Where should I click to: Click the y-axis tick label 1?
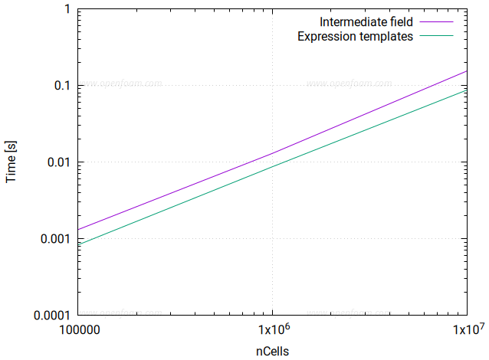[67, 9]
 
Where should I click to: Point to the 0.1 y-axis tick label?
[63, 86]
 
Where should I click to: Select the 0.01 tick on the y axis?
[60, 162]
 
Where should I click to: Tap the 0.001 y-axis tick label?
[56, 239]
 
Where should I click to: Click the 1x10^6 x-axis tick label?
[273, 330]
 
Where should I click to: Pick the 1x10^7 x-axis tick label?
[466, 330]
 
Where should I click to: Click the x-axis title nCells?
[273, 350]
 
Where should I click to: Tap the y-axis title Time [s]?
[11, 162]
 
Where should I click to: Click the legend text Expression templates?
[355, 36]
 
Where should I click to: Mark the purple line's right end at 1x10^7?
[467, 71]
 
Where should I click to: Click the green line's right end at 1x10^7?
[467, 91]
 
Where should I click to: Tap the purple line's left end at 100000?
[78, 229]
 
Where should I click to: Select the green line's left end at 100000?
[78, 244]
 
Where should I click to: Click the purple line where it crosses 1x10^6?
[273, 154]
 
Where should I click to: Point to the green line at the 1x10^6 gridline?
[273, 166]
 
